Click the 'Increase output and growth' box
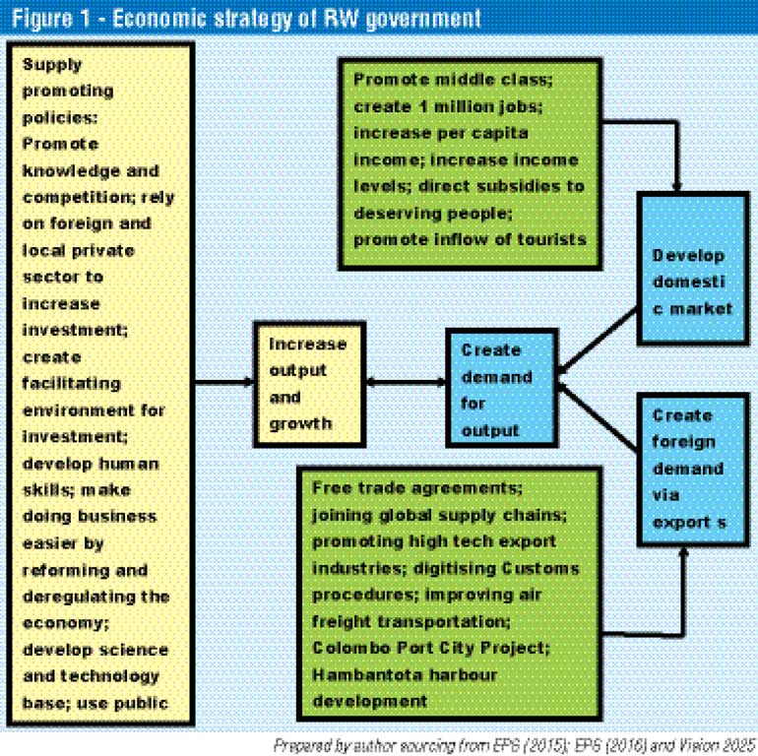(307, 384)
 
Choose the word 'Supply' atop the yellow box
(52, 64)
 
